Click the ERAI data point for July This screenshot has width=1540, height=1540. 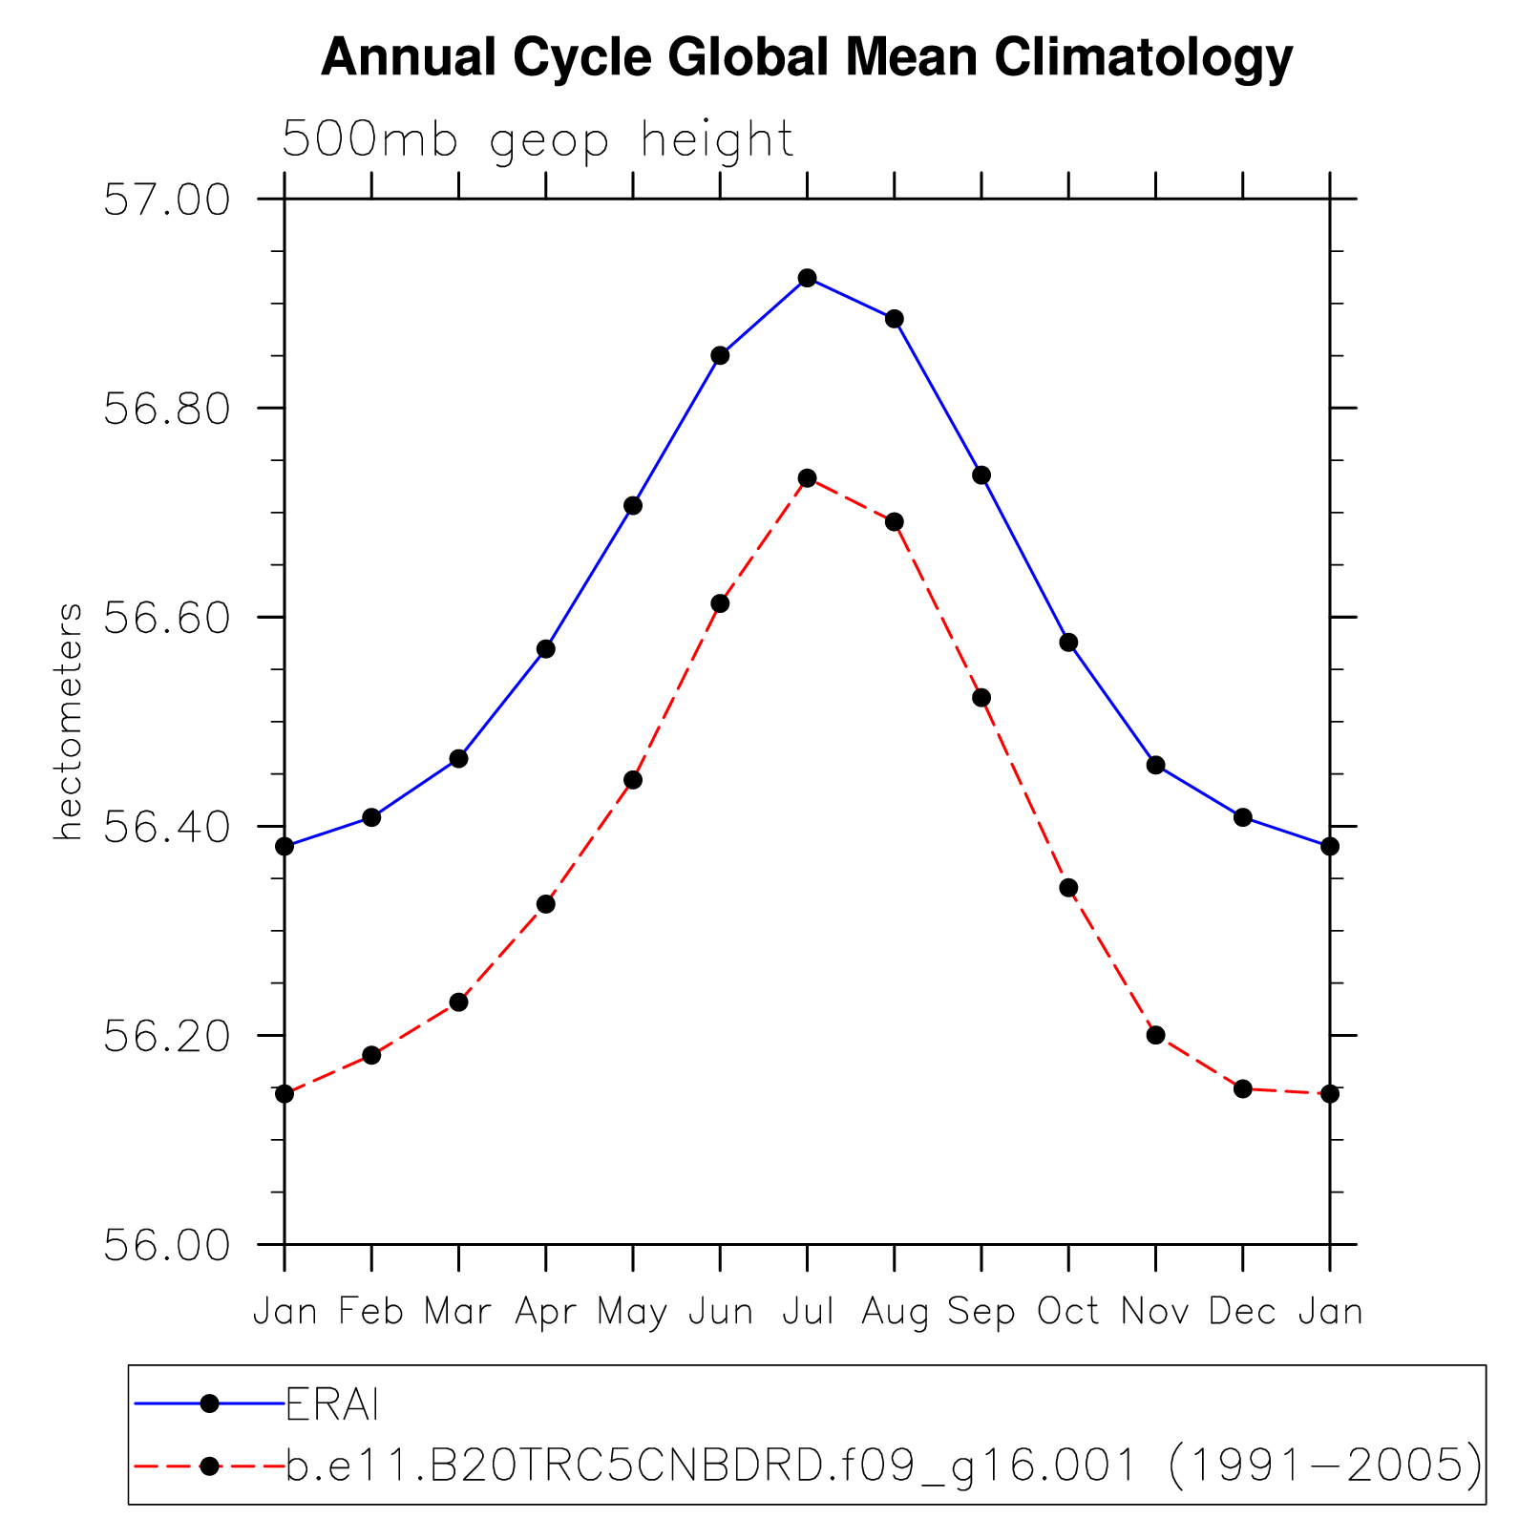click(x=807, y=278)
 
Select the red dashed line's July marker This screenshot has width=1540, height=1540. click(x=807, y=477)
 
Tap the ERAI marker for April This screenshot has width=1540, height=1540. click(x=545, y=649)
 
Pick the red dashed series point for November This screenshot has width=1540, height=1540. click(x=1155, y=1035)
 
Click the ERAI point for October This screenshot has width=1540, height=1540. click(x=1068, y=643)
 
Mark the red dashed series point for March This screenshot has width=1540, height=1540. click(x=458, y=1002)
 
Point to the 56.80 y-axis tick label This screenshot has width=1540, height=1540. click(x=167, y=410)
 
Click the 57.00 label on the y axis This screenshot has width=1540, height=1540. click(x=167, y=200)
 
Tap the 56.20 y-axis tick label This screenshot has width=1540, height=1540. click(x=167, y=1037)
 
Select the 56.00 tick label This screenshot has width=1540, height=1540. click(x=167, y=1246)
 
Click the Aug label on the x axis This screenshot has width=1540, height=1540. click(x=895, y=1313)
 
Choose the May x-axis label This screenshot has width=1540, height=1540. click(x=632, y=1313)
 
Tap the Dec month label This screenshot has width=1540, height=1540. click(x=1242, y=1312)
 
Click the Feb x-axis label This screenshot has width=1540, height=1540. click(x=371, y=1312)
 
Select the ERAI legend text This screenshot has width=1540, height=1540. click(x=333, y=1403)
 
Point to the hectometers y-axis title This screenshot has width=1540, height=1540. click(x=68, y=722)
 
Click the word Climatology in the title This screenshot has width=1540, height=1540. click(x=1143, y=58)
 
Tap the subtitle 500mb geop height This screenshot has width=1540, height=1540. click(x=538, y=140)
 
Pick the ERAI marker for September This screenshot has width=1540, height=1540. click(x=981, y=475)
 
